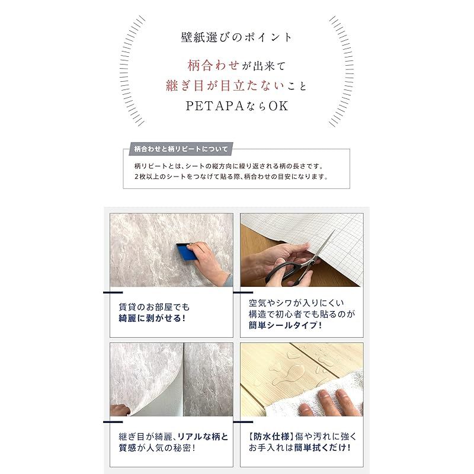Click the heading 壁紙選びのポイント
(x=236, y=37)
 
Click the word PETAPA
(x=212, y=107)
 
